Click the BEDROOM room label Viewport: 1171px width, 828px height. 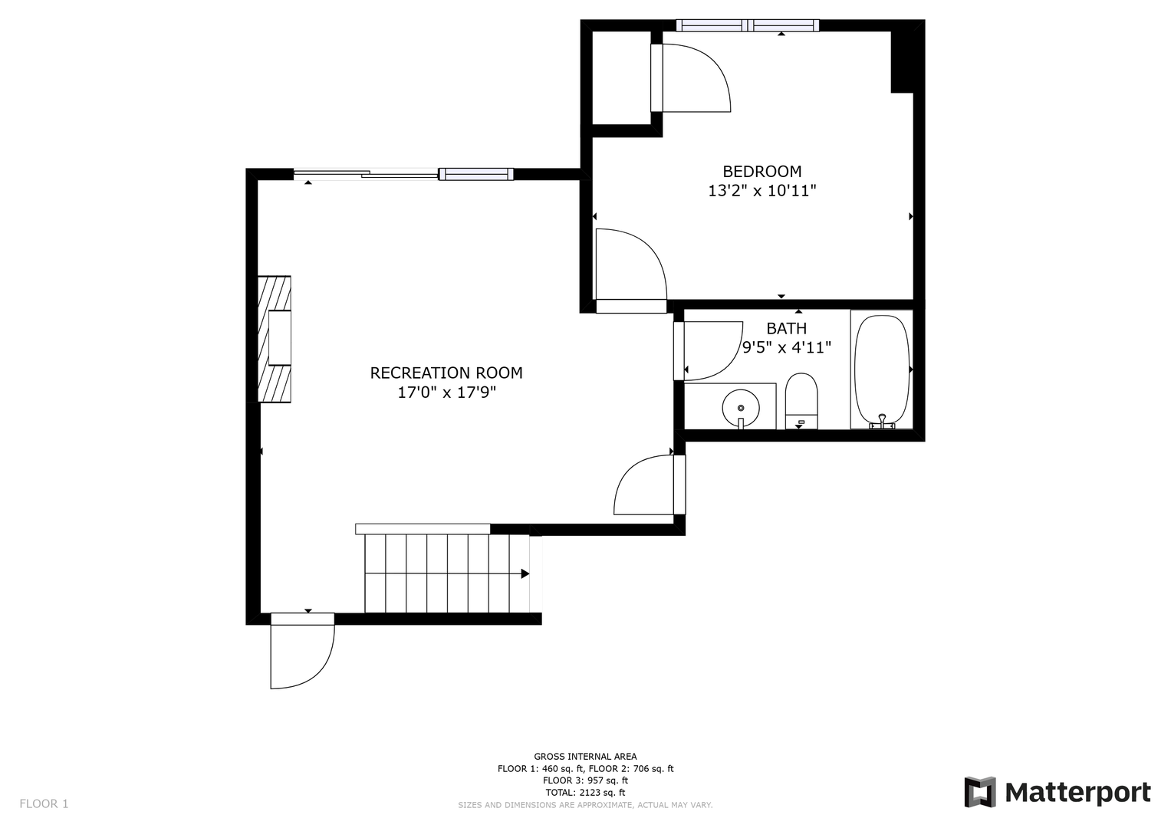tap(761, 172)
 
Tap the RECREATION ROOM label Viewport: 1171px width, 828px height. tap(446, 373)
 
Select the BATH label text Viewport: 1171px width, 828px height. tap(786, 328)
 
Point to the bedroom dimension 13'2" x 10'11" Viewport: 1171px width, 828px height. tap(761, 191)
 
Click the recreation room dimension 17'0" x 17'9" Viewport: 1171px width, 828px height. tap(446, 393)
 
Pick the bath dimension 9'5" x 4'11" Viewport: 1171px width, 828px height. tap(786, 347)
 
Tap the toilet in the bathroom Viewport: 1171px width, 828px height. tap(801, 401)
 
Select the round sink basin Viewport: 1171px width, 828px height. tap(741, 407)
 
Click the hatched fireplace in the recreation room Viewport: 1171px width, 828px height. tap(275, 339)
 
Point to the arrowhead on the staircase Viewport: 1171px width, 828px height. tap(525, 573)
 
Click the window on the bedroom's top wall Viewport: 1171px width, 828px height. tap(748, 25)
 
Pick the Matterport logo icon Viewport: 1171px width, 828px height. tap(980, 792)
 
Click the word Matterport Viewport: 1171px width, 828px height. tap(1078, 793)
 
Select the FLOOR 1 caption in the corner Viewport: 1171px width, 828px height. tap(44, 804)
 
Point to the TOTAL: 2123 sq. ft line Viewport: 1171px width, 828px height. tap(586, 793)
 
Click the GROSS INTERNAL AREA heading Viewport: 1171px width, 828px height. tap(586, 757)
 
